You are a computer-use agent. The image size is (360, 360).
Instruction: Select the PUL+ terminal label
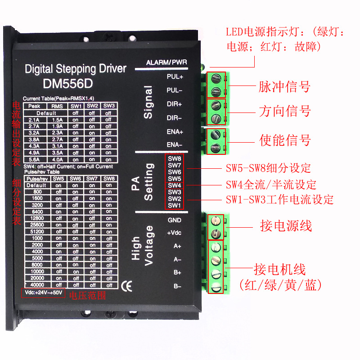[175, 76]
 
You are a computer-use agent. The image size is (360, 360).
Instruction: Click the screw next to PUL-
[216, 91]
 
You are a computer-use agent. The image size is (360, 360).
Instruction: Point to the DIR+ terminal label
[175, 104]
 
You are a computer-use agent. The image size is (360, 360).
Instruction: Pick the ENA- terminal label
[175, 145]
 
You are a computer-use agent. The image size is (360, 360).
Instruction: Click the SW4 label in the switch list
[175, 185]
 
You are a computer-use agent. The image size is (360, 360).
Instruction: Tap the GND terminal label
[174, 220]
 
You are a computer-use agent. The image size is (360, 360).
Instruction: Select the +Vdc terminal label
[174, 234]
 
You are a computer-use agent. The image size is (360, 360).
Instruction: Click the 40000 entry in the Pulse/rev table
[37, 284]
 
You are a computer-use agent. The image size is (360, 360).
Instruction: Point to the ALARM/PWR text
[166, 62]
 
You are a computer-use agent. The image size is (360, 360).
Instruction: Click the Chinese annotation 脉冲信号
[284, 86]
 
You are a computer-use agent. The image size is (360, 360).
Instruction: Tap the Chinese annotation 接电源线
[286, 225]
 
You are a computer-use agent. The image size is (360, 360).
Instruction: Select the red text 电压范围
[86, 295]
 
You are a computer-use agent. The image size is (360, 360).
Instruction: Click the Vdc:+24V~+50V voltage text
[43, 292]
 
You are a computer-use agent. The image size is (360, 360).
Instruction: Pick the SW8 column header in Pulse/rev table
[108, 179]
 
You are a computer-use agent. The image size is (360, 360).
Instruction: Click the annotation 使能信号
[285, 140]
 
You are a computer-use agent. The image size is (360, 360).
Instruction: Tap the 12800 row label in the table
[37, 218]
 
